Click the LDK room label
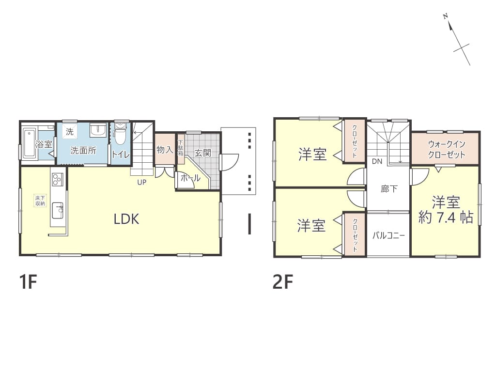point(126,219)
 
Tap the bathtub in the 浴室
point(30,143)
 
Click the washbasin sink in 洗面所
point(98,130)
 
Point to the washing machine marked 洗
point(70,131)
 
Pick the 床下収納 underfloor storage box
point(41,201)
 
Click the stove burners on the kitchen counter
point(57,179)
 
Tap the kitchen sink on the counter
point(57,210)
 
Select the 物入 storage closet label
point(165,149)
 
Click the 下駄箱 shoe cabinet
point(181,148)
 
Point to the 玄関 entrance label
point(203,153)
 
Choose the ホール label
point(190,178)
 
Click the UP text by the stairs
point(142,182)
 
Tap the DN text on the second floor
point(377,161)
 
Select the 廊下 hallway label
point(389,189)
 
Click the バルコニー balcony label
point(388,235)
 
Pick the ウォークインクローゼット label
point(446,149)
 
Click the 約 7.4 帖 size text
point(446,217)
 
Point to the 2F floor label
point(283,282)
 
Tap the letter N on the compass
point(446,16)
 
